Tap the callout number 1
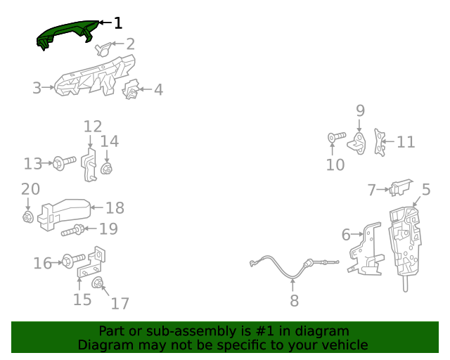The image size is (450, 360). click(117, 23)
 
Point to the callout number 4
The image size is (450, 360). click(158, 89)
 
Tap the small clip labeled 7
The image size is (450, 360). click(401, 188)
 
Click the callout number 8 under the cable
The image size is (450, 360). click(294, 301)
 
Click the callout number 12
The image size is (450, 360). click(93, 127)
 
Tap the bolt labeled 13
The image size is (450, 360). click(63, 164)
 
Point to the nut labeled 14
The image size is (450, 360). click(108, 169)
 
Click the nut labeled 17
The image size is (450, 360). click(99, 284)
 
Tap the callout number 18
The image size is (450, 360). click(115, 207)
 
